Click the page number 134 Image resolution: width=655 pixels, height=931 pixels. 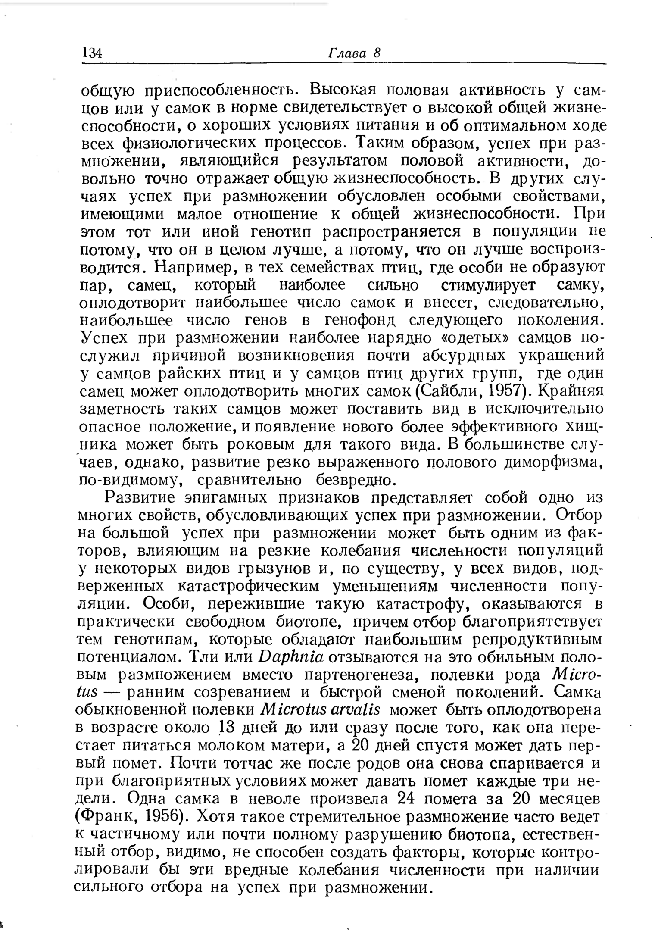91,53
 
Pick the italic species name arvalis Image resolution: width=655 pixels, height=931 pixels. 353,709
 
